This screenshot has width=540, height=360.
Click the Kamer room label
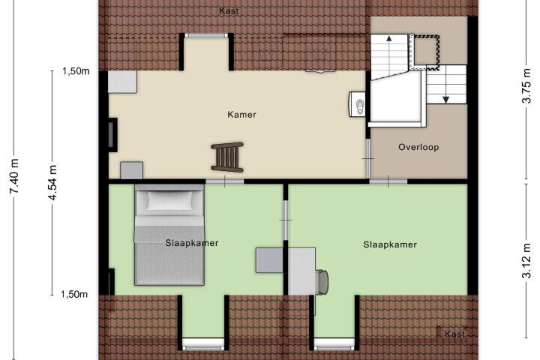[x=241, y=114]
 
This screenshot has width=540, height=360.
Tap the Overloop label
[x=418, y=147]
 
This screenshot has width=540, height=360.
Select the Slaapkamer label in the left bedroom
[x=192, y=243]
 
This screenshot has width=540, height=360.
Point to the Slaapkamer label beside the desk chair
[x=390, y=244]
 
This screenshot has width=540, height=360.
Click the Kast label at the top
[x=229, y=11]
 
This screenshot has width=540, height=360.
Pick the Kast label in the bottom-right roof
[x=455, y=334]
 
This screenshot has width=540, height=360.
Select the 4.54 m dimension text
[x=52, y=182]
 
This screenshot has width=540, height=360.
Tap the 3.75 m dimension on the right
[x=526, y=86]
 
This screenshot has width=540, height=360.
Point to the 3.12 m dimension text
[x=526, y=260]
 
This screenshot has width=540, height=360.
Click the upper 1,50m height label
[x=76, y=71]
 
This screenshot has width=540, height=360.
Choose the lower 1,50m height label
[x=74, y=294]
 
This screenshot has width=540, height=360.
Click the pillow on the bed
[x=169, y=199]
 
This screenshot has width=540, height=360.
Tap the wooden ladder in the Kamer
[x=227, y=157]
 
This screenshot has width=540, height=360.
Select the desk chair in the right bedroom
[x=322, y=282]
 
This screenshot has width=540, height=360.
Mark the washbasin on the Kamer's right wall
[x=358, y=104]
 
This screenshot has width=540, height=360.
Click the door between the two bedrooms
[x=286, y=220]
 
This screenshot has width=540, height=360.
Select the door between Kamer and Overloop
[x=367, y=158]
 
